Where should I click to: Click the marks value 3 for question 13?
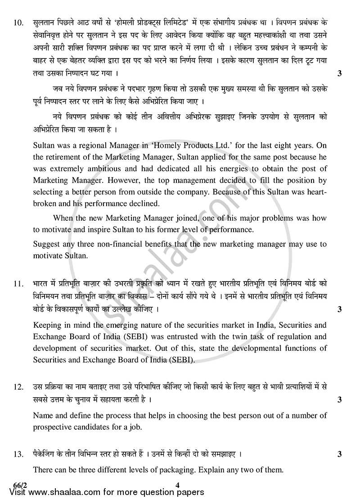pos(340,454)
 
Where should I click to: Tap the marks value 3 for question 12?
pos(340,400)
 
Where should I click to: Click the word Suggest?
pos(46,244)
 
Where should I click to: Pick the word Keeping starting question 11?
pos(47,325)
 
